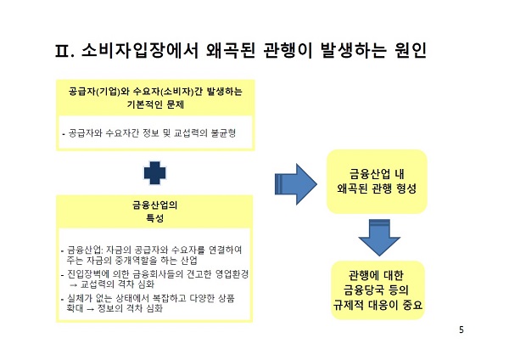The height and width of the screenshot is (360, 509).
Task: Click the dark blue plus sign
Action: click(154, 172)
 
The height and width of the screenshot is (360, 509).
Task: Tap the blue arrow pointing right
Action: click(295, 181)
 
